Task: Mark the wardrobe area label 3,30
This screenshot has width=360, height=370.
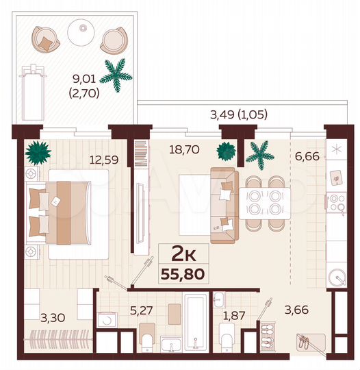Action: tap(53, 317)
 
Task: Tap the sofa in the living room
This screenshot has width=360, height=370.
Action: tap(222, 205)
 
